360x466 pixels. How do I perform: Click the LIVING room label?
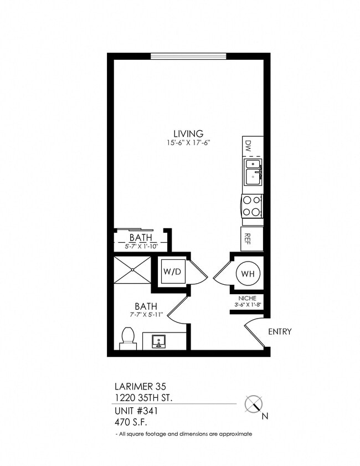(x=188, y=133)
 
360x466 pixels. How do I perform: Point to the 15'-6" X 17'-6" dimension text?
(x=188, y=142)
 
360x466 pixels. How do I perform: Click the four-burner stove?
(x=252, y=206)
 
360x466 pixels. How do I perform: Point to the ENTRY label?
(x=280, y=332)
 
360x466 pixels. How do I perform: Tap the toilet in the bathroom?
(x=128, y=338)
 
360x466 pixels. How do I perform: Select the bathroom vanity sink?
(x=159, y=341)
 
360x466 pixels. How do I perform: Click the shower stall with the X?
(x=132, y=269)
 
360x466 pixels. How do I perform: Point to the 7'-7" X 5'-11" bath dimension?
(x=146, y=315)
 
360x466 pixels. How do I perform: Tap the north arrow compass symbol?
(x=254, y=403)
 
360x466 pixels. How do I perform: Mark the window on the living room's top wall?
(x=188, y=56)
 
